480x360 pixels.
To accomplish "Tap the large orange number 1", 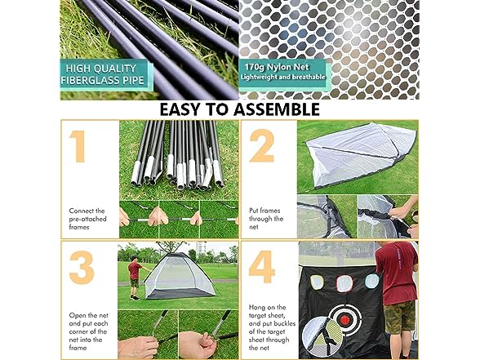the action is pyautogui.click(x=78, y=146).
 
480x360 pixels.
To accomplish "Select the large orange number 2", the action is pyautogui.click(x=261, y=145).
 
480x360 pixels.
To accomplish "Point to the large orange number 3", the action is pyautogui.click(x=82, y=267).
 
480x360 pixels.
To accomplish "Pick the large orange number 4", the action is pyautogui.click(x=262, y=267).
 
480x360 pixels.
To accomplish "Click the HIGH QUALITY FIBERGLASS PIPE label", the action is pyautogui.click(x=103, y=74).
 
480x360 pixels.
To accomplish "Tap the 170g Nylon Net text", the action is pyautogui.click(x=277, y=67).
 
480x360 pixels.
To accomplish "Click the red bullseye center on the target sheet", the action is pyautogui.click(x=345, y=320).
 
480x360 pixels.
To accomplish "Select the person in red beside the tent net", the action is pyautogui.click(x=135, y=278).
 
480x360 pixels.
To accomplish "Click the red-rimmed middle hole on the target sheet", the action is pyautogui.click(x=344, y=283).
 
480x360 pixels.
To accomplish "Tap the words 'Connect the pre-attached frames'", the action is pyautogui.click(x=87, y=219).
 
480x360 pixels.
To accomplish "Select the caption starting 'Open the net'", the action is pyautogui.click(x=88, y=331).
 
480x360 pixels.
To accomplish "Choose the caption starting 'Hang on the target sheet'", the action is pyautogui.click(x=272, y=327).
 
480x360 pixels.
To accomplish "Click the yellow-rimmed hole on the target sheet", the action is pyautogui.click(x=317, y=282).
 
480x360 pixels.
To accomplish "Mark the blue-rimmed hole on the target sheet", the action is pyautogui.click(x=372, y=281).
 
